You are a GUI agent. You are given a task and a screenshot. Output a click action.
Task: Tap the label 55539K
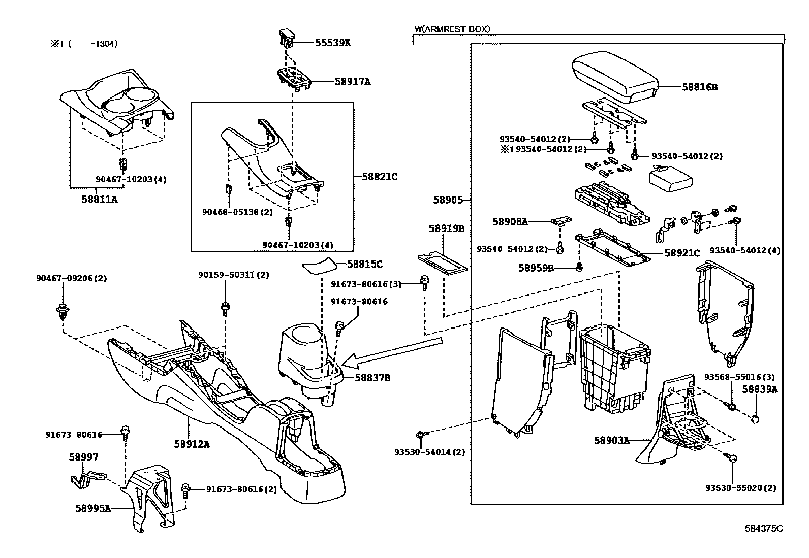coord(332,43)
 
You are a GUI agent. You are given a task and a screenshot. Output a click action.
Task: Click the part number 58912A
coord(192,444)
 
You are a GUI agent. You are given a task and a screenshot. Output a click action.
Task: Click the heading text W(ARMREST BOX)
coord(452,29)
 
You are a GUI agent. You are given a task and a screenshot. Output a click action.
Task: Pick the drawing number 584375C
coord(764,528)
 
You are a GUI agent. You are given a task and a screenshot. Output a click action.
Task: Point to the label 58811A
coord(99,200)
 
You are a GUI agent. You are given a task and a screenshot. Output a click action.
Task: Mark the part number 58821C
coord(380,177)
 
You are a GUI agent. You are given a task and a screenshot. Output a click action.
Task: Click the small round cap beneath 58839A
coord(756,419)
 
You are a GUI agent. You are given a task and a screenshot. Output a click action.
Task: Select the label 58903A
coord(611,440)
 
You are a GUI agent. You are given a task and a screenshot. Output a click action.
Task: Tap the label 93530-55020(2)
coord(740,488)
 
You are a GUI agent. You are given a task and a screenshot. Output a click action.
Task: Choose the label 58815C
coord(365,264)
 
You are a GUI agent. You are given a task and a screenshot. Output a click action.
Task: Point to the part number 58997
coord(83,457)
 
